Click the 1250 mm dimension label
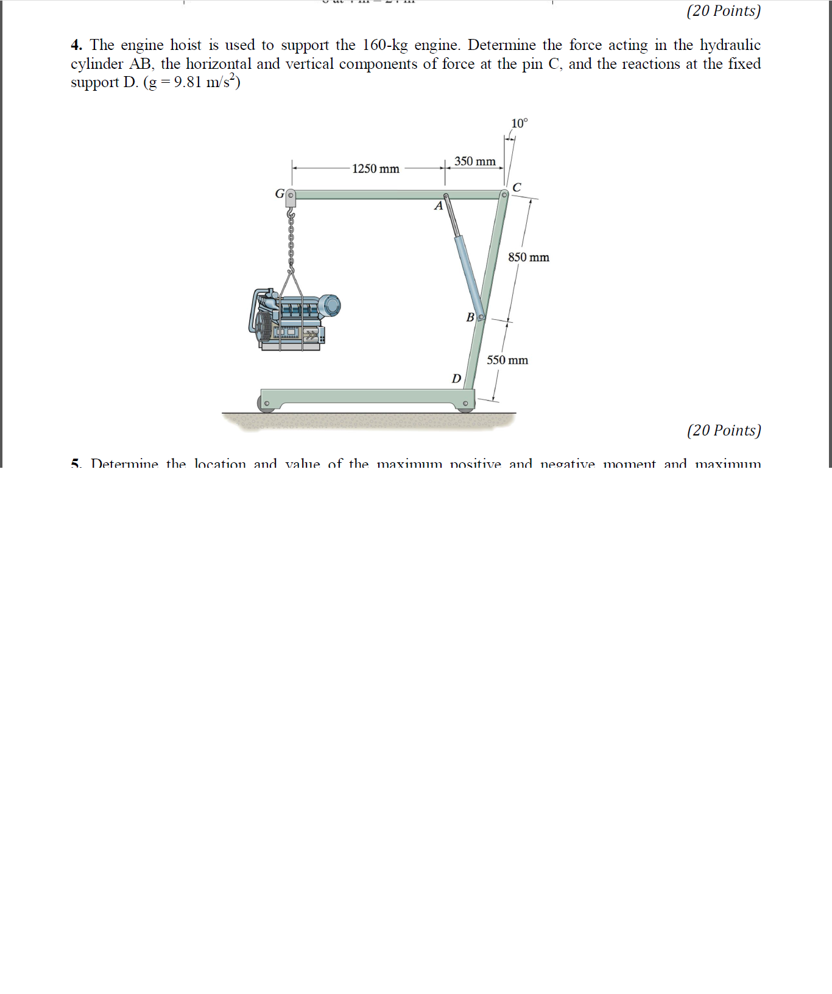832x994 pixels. [375, 169]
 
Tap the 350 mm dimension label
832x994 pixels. [474, 161]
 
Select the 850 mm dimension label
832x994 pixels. [529, 258]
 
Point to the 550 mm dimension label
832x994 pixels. [507, 361]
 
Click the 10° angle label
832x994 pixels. [520, 124]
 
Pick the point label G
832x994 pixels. [280, 194]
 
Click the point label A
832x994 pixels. [438, 206]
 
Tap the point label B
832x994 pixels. [470, 317]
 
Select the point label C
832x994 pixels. [516, 187]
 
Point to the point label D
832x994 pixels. [456, 379]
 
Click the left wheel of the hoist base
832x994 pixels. [266, 404]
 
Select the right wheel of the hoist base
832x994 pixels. [465, 404]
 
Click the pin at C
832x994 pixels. [504, 195]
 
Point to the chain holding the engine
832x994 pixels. [291, 241]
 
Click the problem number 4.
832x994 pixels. [76, 45]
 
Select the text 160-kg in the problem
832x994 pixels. [385, 45]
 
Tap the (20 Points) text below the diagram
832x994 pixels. [724, 431]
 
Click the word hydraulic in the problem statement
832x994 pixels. [730, 45]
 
